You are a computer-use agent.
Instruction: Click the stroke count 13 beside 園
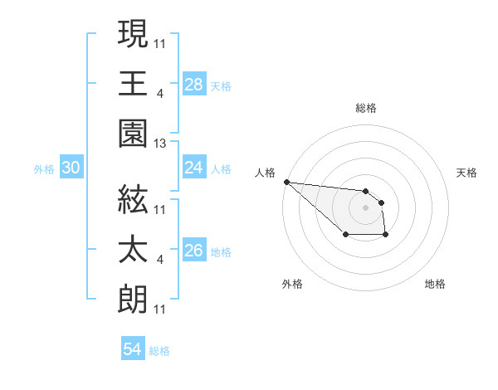tap(160, 144)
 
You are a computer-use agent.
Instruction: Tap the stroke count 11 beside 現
tap(160, 42)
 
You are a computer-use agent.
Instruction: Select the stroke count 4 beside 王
tap(159, 93)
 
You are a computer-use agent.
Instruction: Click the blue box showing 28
tap(193, 84)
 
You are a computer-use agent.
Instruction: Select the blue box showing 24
tap(193, 168)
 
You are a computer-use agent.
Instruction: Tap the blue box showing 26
tap(193, 250)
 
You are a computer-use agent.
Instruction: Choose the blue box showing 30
tap(71, 168)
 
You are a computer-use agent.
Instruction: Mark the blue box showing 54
tap(132, 349)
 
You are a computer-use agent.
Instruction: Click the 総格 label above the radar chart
tap(366, 109)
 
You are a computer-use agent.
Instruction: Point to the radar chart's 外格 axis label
tap(292, 284)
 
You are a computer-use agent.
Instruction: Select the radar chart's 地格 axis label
tap(436, 284)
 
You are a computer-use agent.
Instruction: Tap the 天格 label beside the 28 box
tap(221, 85)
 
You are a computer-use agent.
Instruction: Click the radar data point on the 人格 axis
tap(286, 182)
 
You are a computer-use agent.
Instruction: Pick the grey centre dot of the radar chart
tap(365, 207)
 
